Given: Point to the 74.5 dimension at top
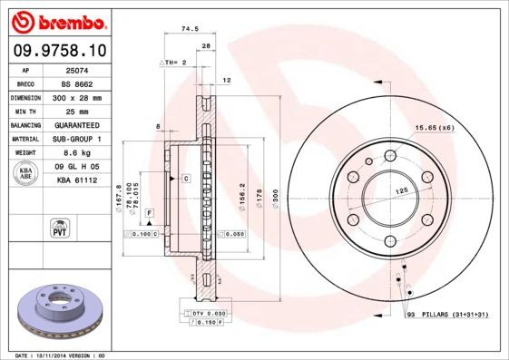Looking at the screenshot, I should click(190, 29).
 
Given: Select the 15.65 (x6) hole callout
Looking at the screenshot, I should click(433, 128).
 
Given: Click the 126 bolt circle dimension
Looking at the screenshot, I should click(400, 191).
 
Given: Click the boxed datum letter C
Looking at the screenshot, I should click(185, 179).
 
